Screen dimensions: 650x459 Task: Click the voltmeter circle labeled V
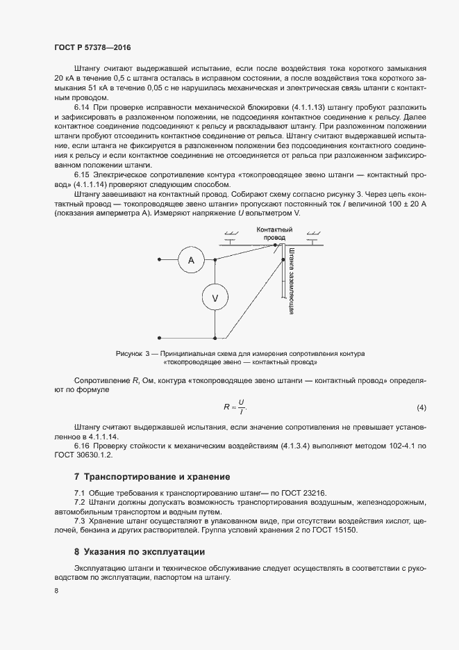[x=215, y=298]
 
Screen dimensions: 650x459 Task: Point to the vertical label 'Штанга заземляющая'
[x=292, y=281]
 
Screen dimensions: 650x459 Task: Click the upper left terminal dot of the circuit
[x=160, y=260]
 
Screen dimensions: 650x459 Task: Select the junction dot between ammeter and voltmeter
[x=215, y=260]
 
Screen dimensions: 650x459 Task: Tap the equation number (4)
[x=421, y=406]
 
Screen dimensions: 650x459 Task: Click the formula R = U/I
[x=235, y=406]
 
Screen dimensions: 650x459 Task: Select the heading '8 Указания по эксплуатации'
[x=139, y=552]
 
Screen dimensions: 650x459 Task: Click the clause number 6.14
[x=82, y=109]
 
